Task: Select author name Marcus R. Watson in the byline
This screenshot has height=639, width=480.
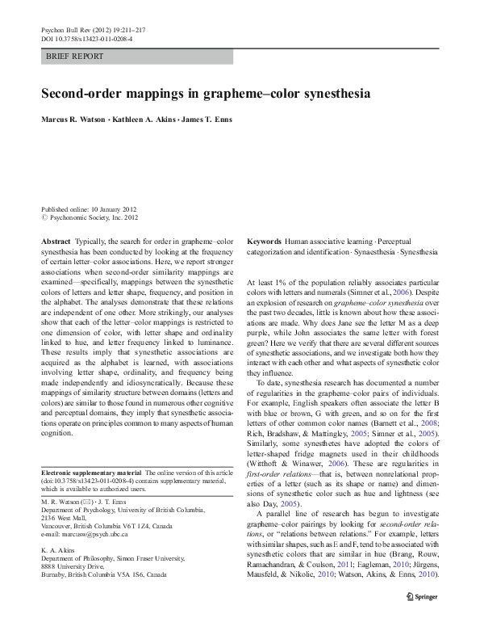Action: [x=77, y=120]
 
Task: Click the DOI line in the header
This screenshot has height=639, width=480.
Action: [x=86, y=38]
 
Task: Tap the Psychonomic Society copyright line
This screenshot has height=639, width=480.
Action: [x=90, y=217]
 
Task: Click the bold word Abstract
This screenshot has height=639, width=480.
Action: [x=55, y=242]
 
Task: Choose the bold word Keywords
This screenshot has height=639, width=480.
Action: [x=264, y=242]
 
